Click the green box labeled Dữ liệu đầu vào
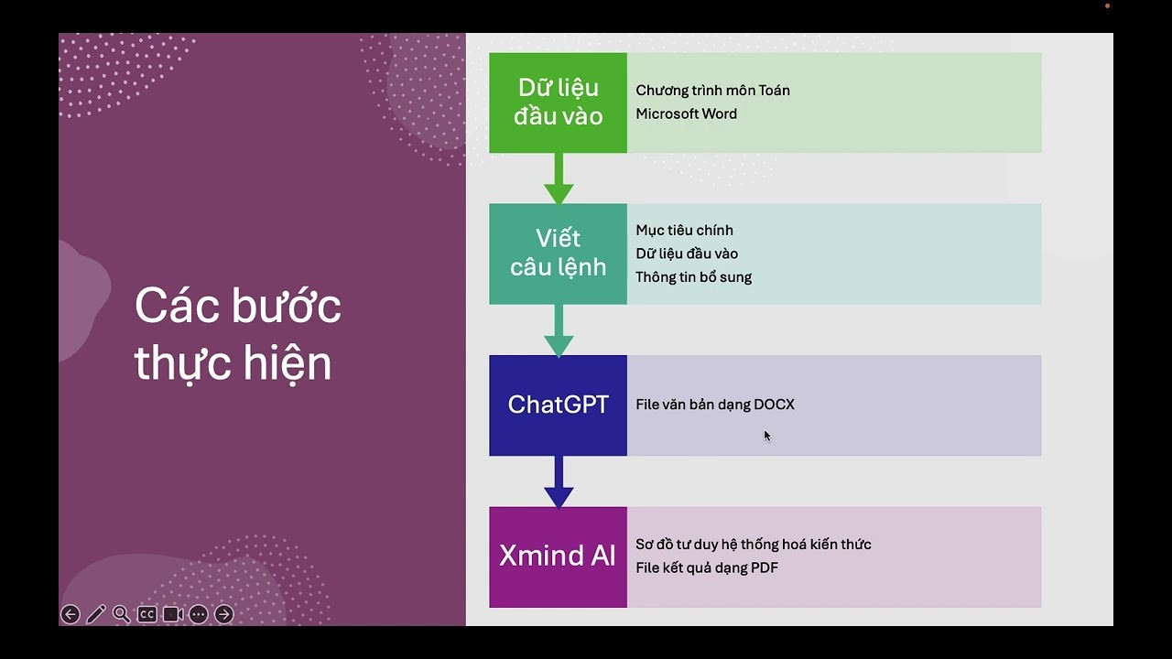pos(558,103)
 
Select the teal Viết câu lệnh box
pos(558,254)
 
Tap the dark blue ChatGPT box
pos(558,405)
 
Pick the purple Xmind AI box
pos(558,556)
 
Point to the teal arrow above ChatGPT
pos(559,331)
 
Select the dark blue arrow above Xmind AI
pos(559,482)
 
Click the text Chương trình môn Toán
pos(712,91)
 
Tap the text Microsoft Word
pos(686,114)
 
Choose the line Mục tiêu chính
pos(684,231)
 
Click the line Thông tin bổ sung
pos(693,277)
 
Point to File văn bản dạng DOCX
pos(714,405)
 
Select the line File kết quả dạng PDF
pos(706,568)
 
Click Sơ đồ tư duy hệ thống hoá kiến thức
pos(753,545)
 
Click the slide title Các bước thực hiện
pos(237,334)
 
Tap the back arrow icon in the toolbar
pos(71,614)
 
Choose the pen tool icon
pos(96,614)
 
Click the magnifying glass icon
pos(121,614)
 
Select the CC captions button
pos(146,614)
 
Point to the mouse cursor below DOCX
pos(766,436)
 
